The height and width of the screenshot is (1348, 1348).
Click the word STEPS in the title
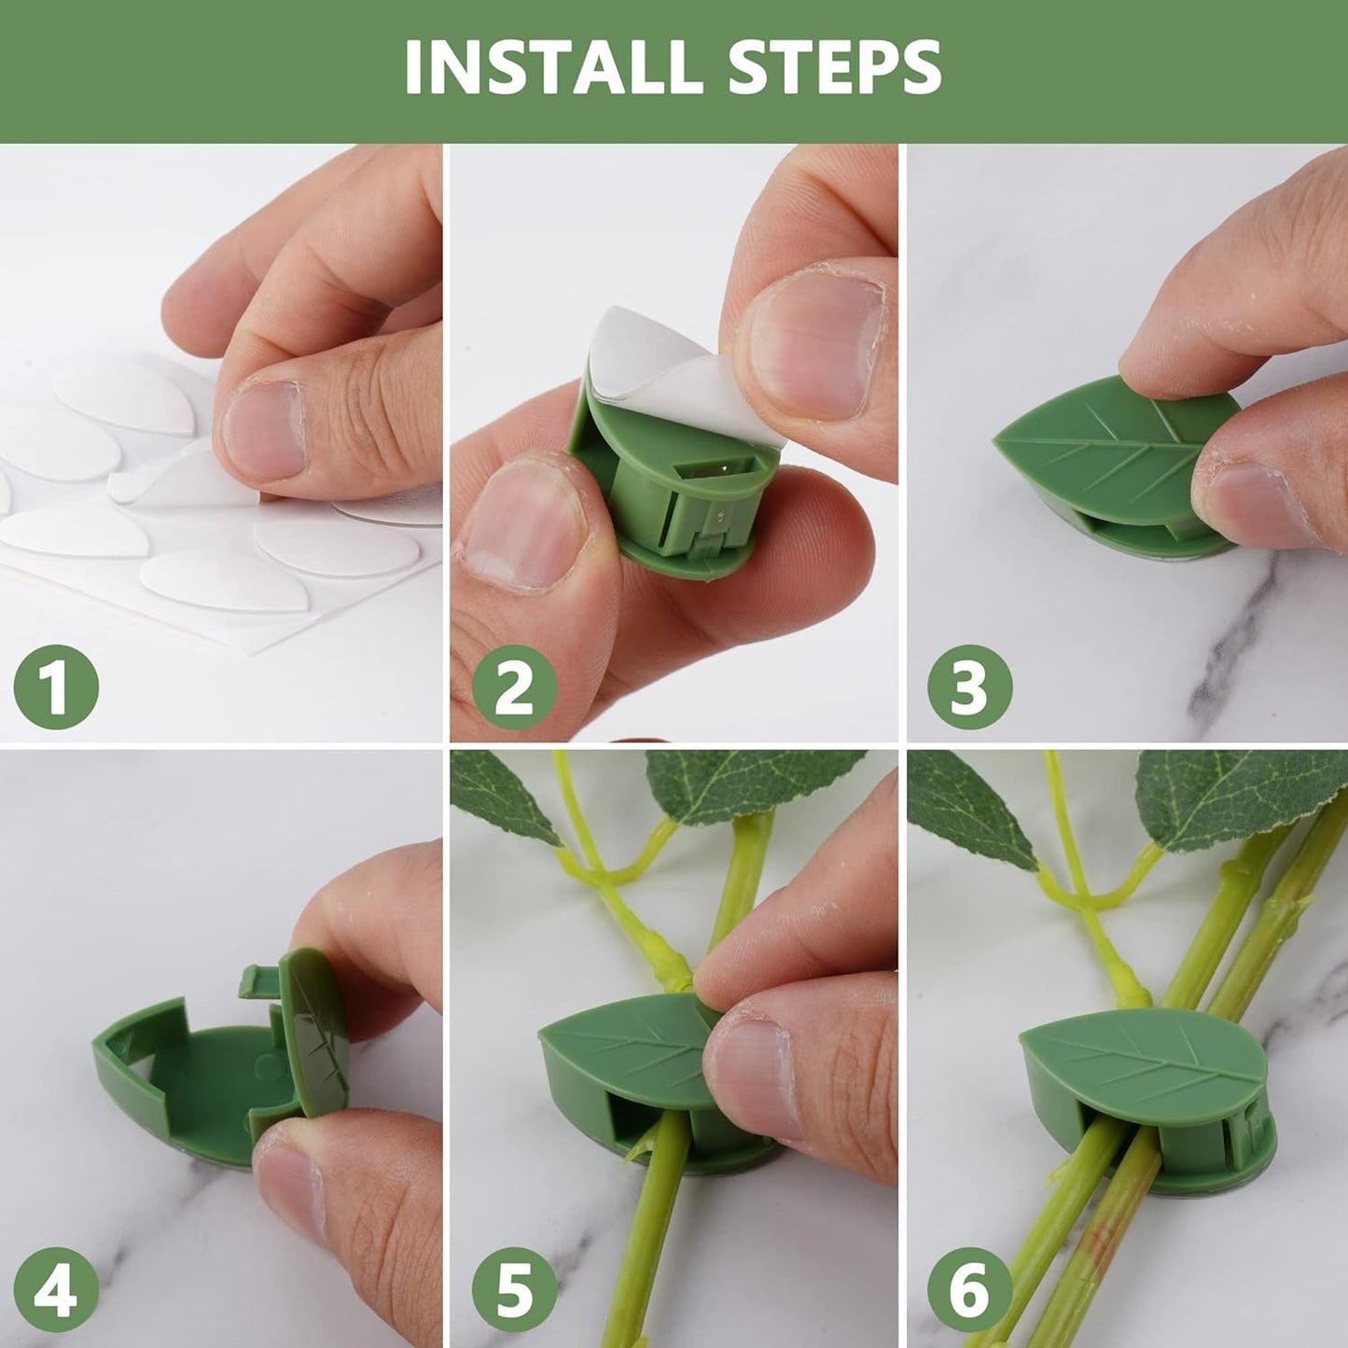coord(835,67)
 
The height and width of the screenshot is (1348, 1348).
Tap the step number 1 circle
coord(56,687)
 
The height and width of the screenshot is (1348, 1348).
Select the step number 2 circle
coord(514,687)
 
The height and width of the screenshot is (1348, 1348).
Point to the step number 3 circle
coord(969,687)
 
